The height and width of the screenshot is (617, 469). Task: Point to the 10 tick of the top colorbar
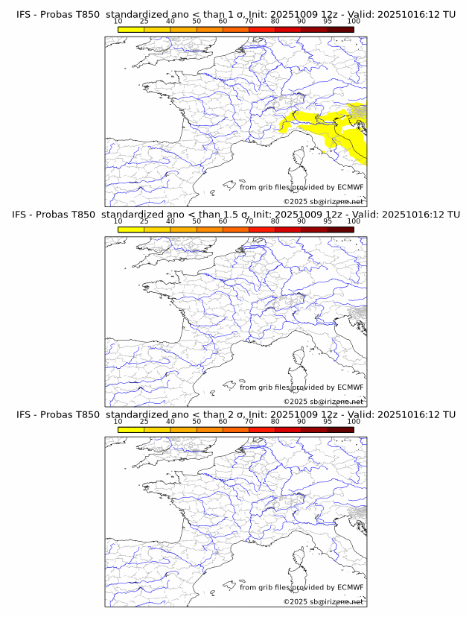(118, 22)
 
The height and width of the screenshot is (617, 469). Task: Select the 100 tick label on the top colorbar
(354, 22)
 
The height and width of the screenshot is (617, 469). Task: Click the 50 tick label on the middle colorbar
(197, 221)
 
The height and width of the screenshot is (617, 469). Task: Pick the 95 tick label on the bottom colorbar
(328, 422)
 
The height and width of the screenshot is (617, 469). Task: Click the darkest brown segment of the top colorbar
(340, 29)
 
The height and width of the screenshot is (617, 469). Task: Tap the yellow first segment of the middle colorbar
(131, 230)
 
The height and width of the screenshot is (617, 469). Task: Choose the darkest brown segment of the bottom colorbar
(340, 430)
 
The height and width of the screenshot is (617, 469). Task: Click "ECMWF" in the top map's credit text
(351, 187)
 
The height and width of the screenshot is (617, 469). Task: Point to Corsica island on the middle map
(300, 359)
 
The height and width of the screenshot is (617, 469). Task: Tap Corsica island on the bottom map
(300, 560)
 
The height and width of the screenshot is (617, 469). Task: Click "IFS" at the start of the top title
(24, 14)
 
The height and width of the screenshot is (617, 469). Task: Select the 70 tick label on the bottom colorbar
(249, 422)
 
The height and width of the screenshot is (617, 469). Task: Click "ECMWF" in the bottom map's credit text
(351, 587)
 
